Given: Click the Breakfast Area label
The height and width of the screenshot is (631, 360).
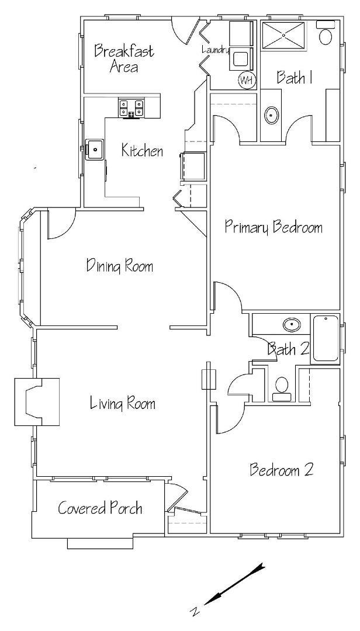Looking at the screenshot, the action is click(124, 59).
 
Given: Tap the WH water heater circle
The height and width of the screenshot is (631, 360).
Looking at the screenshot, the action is click(247, 80).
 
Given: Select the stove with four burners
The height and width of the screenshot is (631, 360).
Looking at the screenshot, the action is click(131, 108).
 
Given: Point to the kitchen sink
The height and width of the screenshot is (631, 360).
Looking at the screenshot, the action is click(95, 150).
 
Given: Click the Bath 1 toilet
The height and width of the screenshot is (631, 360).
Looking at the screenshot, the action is click(325, 32).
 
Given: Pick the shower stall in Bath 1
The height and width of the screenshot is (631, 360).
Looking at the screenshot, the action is click(283, 36).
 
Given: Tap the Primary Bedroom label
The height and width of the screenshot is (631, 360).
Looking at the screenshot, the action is click(274, 227).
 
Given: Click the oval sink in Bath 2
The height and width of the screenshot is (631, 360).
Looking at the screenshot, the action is click(290, 324).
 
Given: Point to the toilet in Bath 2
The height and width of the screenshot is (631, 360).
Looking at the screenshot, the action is click(282, 389).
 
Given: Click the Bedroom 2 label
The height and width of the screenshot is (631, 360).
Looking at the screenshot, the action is click(282, 470).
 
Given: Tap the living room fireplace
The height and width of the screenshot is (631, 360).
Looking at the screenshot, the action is click(37, 402).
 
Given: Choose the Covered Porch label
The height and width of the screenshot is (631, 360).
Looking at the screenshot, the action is click(100, 508).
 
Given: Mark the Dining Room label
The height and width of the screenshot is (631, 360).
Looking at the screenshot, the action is click(120, 266).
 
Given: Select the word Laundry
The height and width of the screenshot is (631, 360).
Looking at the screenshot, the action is click(215, 50).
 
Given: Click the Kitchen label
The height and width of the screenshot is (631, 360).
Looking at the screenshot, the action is click(143, 151).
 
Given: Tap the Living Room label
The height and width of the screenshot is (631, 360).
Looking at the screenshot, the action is click(122, 403).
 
